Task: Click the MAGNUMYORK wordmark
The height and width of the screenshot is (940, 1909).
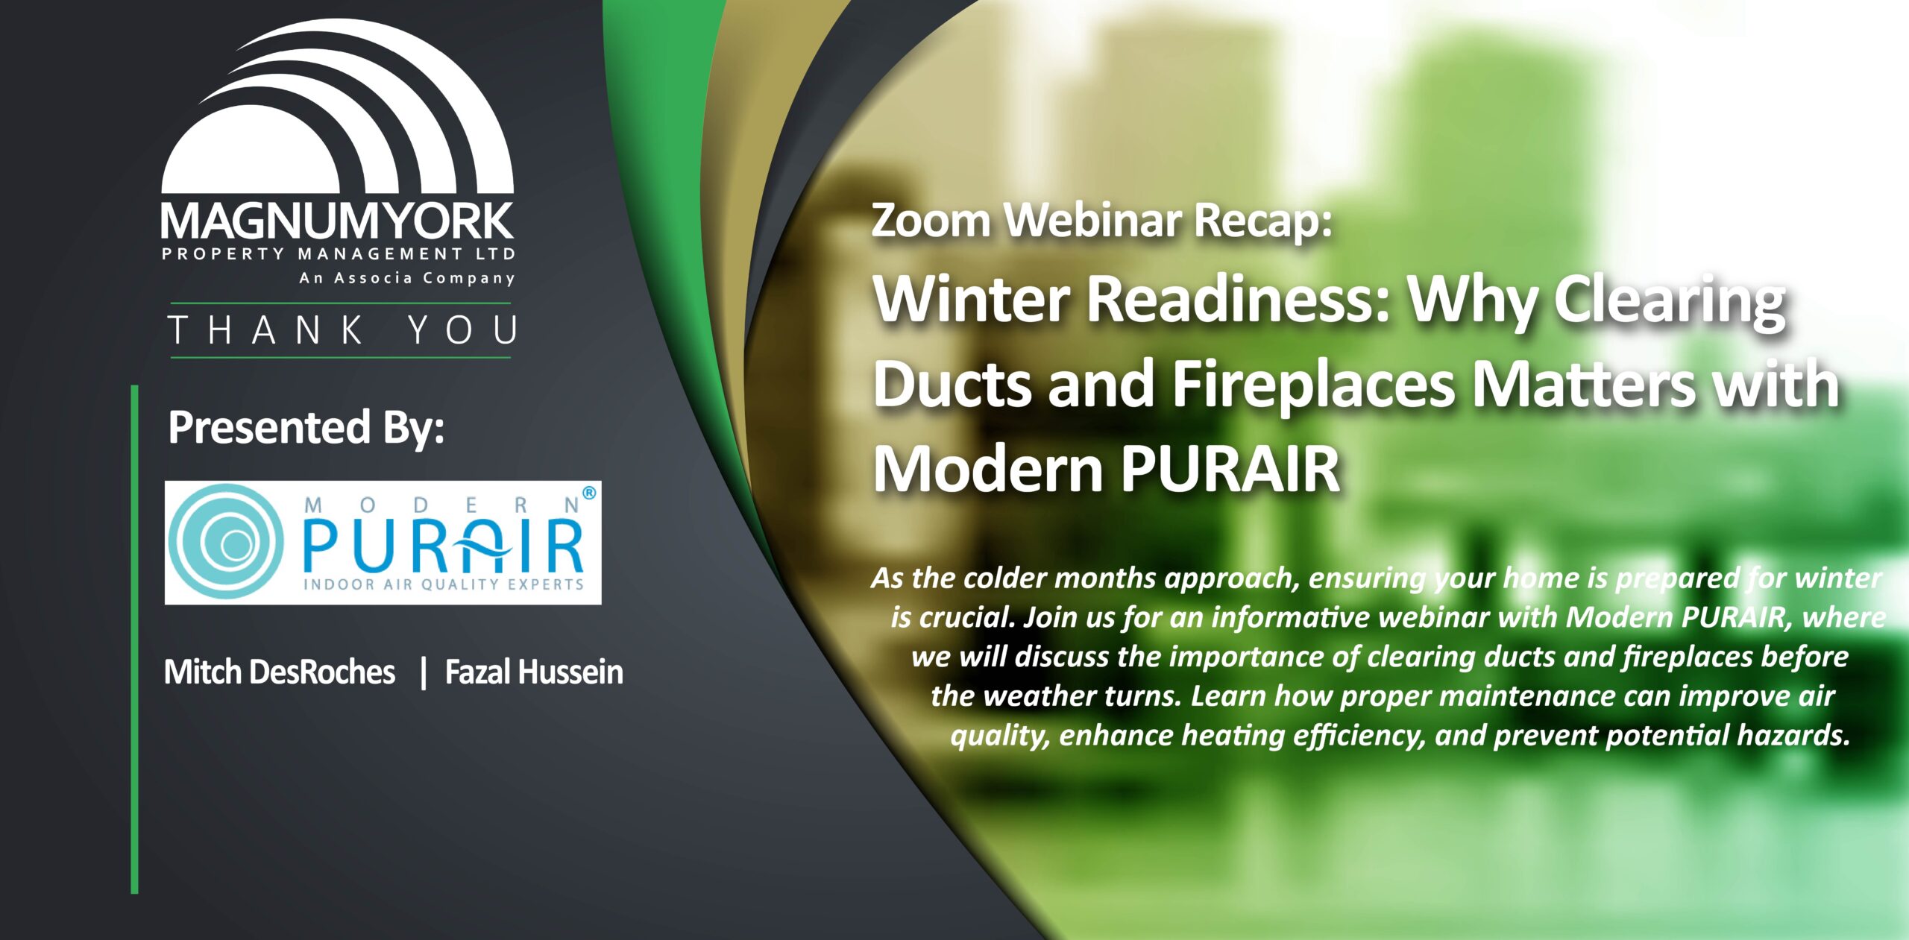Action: pyautogui.click(x=337, y=221)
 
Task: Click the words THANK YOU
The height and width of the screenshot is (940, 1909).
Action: pyautogui.click(x=342, y=329)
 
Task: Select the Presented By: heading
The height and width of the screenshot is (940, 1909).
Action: pyautogui.click(x=306, y=427)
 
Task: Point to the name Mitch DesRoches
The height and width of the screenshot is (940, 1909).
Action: pyautogui.click(x=280, y=672)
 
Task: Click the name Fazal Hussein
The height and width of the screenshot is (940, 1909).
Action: pyautogui.click(x=534, y=672)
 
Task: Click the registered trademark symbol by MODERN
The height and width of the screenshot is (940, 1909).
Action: pyautogui.click(x=589, y=493)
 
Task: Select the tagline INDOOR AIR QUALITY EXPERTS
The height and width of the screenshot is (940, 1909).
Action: pyautogui.click(x=444, y=584)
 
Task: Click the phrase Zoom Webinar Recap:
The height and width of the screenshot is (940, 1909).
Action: pyautogui.click(x=1101, y=221)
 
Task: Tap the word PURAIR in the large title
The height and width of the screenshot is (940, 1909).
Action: pyautogui.click(x=1230, y=468)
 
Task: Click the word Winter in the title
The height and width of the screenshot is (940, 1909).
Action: pyautogui.click(x=972, y=297)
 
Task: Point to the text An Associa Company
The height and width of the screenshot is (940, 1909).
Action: pyautogui.click(x=407, y=278)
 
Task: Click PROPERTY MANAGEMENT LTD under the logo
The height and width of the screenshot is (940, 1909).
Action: pyautogui.click(x=339, y=253)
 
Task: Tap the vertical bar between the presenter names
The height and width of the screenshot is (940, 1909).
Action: pyautogui.click(x=423, y=672)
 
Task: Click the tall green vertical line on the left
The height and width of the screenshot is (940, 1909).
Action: pyautogui.click(x=135, y=639)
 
